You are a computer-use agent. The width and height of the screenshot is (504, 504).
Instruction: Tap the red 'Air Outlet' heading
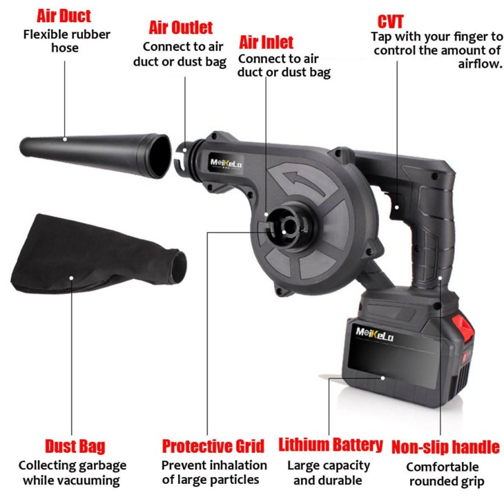tap(181, 28)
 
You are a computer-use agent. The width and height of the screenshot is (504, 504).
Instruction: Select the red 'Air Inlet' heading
tap(266, 42)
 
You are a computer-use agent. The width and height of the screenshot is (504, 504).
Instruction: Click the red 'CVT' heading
tap(391, 19)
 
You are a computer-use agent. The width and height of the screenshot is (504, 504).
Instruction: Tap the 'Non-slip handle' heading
tap(445, 447)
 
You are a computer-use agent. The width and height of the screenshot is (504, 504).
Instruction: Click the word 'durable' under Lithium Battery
tap(344, 480)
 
